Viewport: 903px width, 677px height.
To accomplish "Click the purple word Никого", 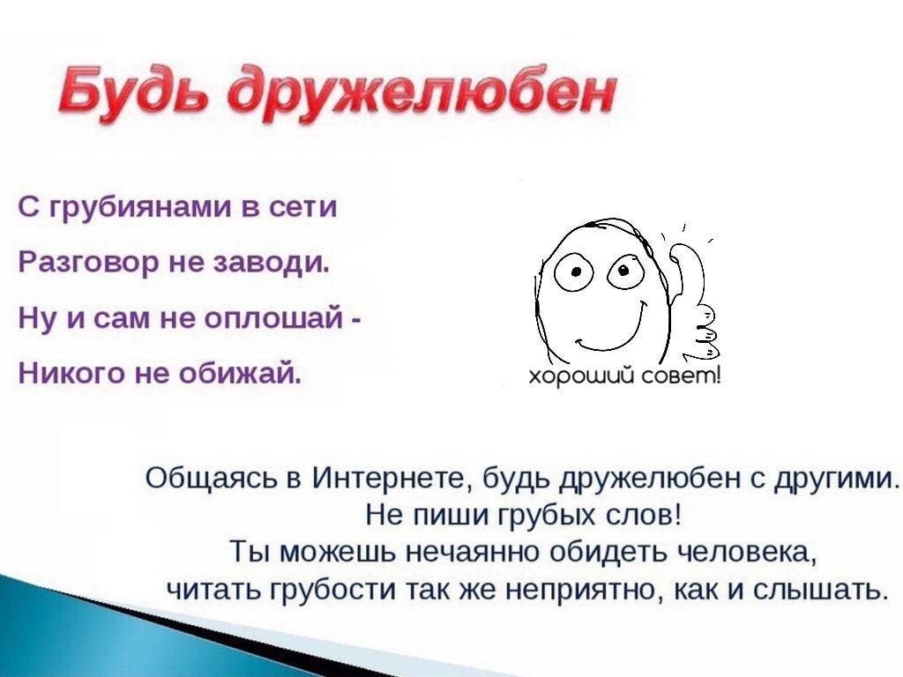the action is pyautogui.click(x=71, y=374).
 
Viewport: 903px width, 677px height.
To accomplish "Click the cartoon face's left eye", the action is pyautogui.click(x=573, y=272).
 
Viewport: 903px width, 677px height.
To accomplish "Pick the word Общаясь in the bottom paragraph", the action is pyautogui.click(x=216, y=479).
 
